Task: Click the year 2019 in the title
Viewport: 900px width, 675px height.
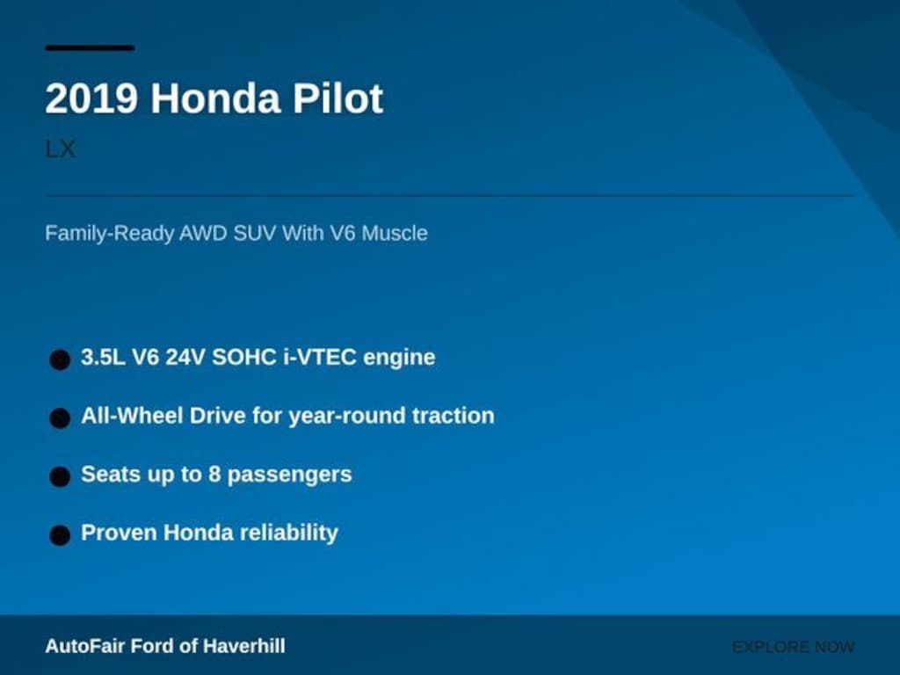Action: click(x=91, y=98)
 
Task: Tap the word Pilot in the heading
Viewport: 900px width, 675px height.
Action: click(x=338, y=98)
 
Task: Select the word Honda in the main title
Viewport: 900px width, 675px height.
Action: click(x=215, y=98)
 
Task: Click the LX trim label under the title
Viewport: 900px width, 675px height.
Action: click(x=61, y=149)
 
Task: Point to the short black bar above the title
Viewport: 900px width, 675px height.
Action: click(x=91, y=48)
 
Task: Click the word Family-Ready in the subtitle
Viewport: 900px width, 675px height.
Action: click(x=109, y=234)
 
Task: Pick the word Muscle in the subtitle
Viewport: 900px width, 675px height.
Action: click(x=395, y=233)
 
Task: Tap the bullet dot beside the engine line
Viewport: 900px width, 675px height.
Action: click(x=60, y=359)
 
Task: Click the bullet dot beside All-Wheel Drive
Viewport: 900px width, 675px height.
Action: click(x=60, y=418)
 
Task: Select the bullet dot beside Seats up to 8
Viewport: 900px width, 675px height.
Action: click(x=60, y=477)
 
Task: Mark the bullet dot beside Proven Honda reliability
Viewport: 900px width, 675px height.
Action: click(x=60, y=535)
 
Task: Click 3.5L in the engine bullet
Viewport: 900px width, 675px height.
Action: click(x=103, y=357)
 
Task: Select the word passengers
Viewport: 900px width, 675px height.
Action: click(x=289, y=475)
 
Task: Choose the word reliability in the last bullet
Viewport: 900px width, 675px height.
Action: click(x=288, y=533)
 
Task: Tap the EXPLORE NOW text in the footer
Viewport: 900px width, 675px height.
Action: click(x=794, y=647)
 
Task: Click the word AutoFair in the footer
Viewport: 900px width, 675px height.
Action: click(x=85, y=646)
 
